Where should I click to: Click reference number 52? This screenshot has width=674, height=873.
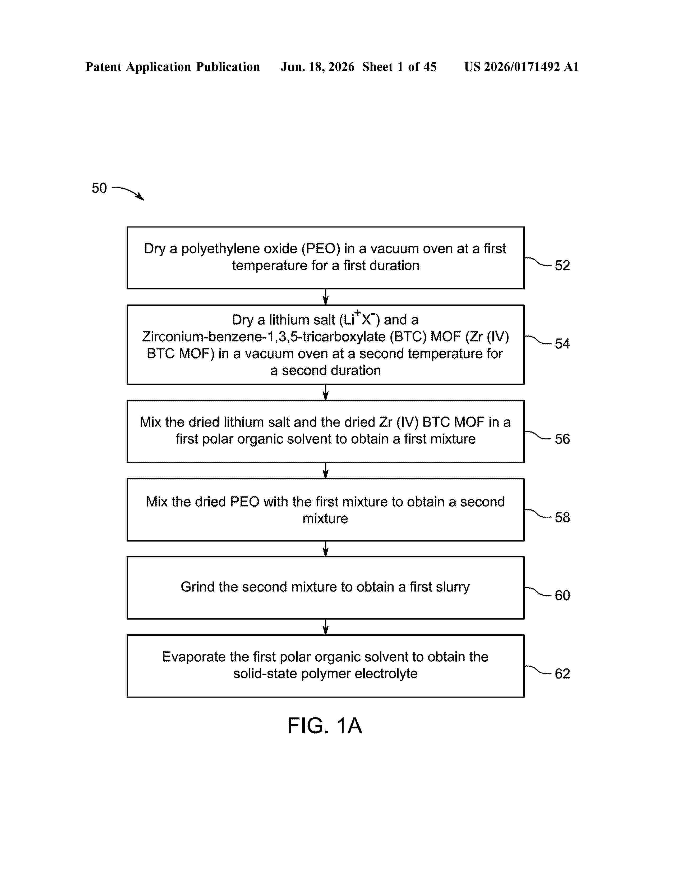tap(562, 265)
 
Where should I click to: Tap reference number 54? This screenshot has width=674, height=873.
tap(562, 343)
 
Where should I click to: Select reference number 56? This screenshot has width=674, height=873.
tap(562, 439)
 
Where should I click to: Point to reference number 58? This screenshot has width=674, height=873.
tap(562, 517)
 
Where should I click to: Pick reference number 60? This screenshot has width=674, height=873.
tap(562, 595)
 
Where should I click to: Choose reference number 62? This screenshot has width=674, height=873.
tap(562, 674)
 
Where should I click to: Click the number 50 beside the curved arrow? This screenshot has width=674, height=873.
tap(99, 188)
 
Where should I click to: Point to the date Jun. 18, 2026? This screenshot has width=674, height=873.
tap(317, 67)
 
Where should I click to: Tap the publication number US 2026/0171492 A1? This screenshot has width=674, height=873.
tap(521, 67)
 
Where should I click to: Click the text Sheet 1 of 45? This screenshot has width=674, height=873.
tap(399, 67)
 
